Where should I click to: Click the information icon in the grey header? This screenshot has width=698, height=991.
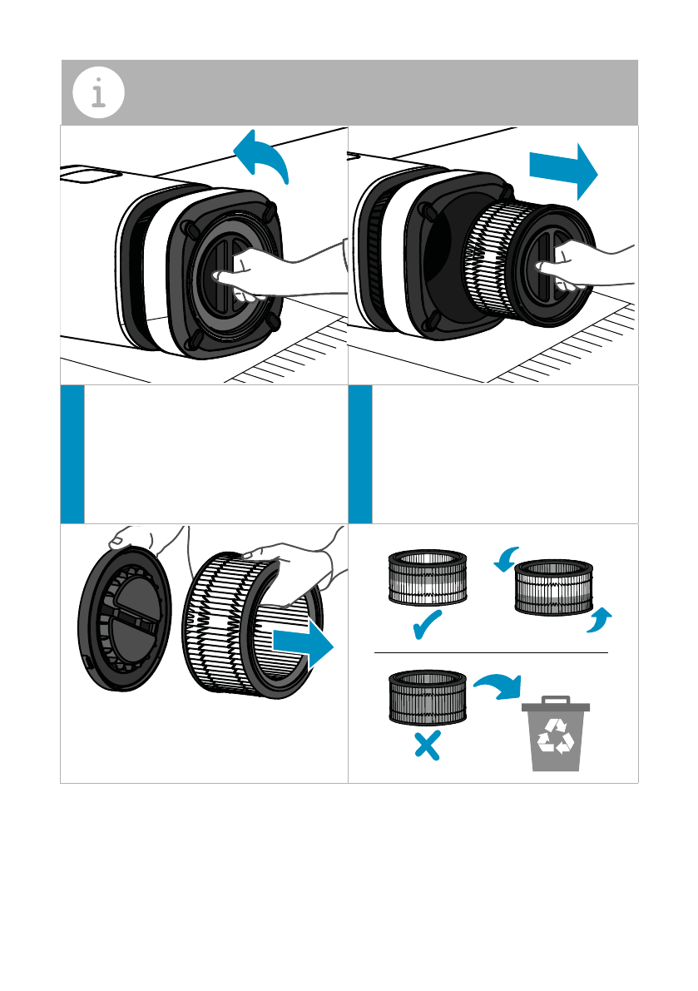(x=98, y=92)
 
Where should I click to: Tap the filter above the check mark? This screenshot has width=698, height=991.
(x=428, y=578)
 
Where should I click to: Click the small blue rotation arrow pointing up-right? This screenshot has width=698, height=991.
(x=599, y=620)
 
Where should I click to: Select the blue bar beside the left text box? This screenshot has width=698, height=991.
(x=72, y=454)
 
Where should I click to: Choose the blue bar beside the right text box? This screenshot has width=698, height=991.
(x=360, y=454)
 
